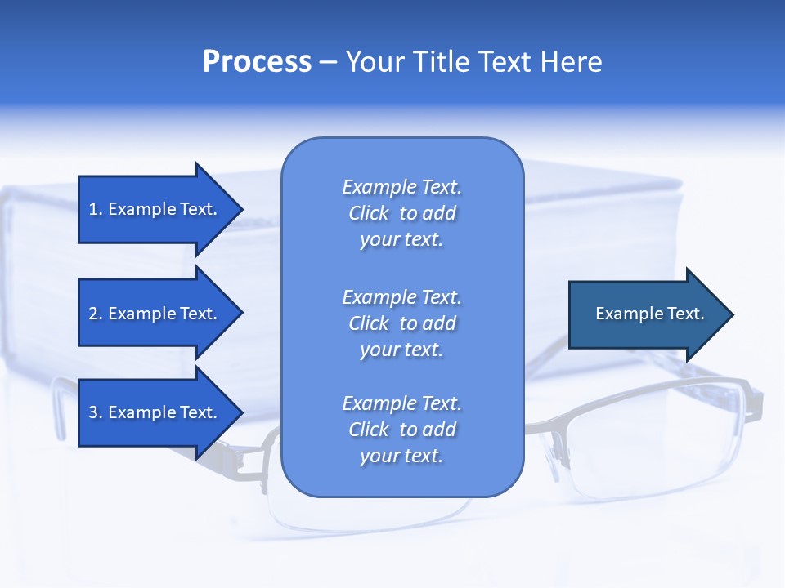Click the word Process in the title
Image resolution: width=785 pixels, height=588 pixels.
[257, 62]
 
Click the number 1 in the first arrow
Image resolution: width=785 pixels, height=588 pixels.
[93, 209]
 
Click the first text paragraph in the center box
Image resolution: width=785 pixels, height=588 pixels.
[401, 213]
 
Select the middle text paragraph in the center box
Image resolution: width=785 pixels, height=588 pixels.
[401, 323]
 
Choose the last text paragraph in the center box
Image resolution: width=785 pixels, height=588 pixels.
[401, 430]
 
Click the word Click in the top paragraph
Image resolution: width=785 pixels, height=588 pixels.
[368, 213]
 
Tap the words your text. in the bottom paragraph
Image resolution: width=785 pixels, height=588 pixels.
[401, 456]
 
